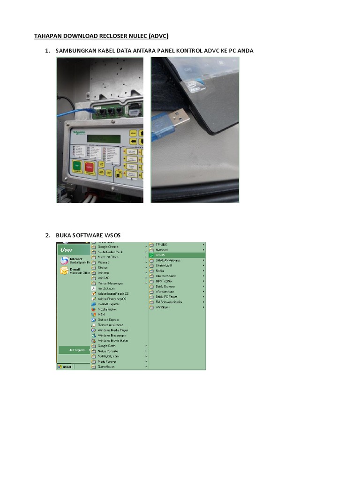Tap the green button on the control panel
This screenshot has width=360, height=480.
tap(76, 166)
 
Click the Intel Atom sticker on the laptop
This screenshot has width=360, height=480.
tap(192, 86)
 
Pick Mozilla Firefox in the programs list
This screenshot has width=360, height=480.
tap(108, 309)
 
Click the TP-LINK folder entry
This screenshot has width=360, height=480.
tap(162, 245)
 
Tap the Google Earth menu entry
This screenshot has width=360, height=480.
tap(106, 346)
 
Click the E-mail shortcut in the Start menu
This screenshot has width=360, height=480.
tap(75, 270)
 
